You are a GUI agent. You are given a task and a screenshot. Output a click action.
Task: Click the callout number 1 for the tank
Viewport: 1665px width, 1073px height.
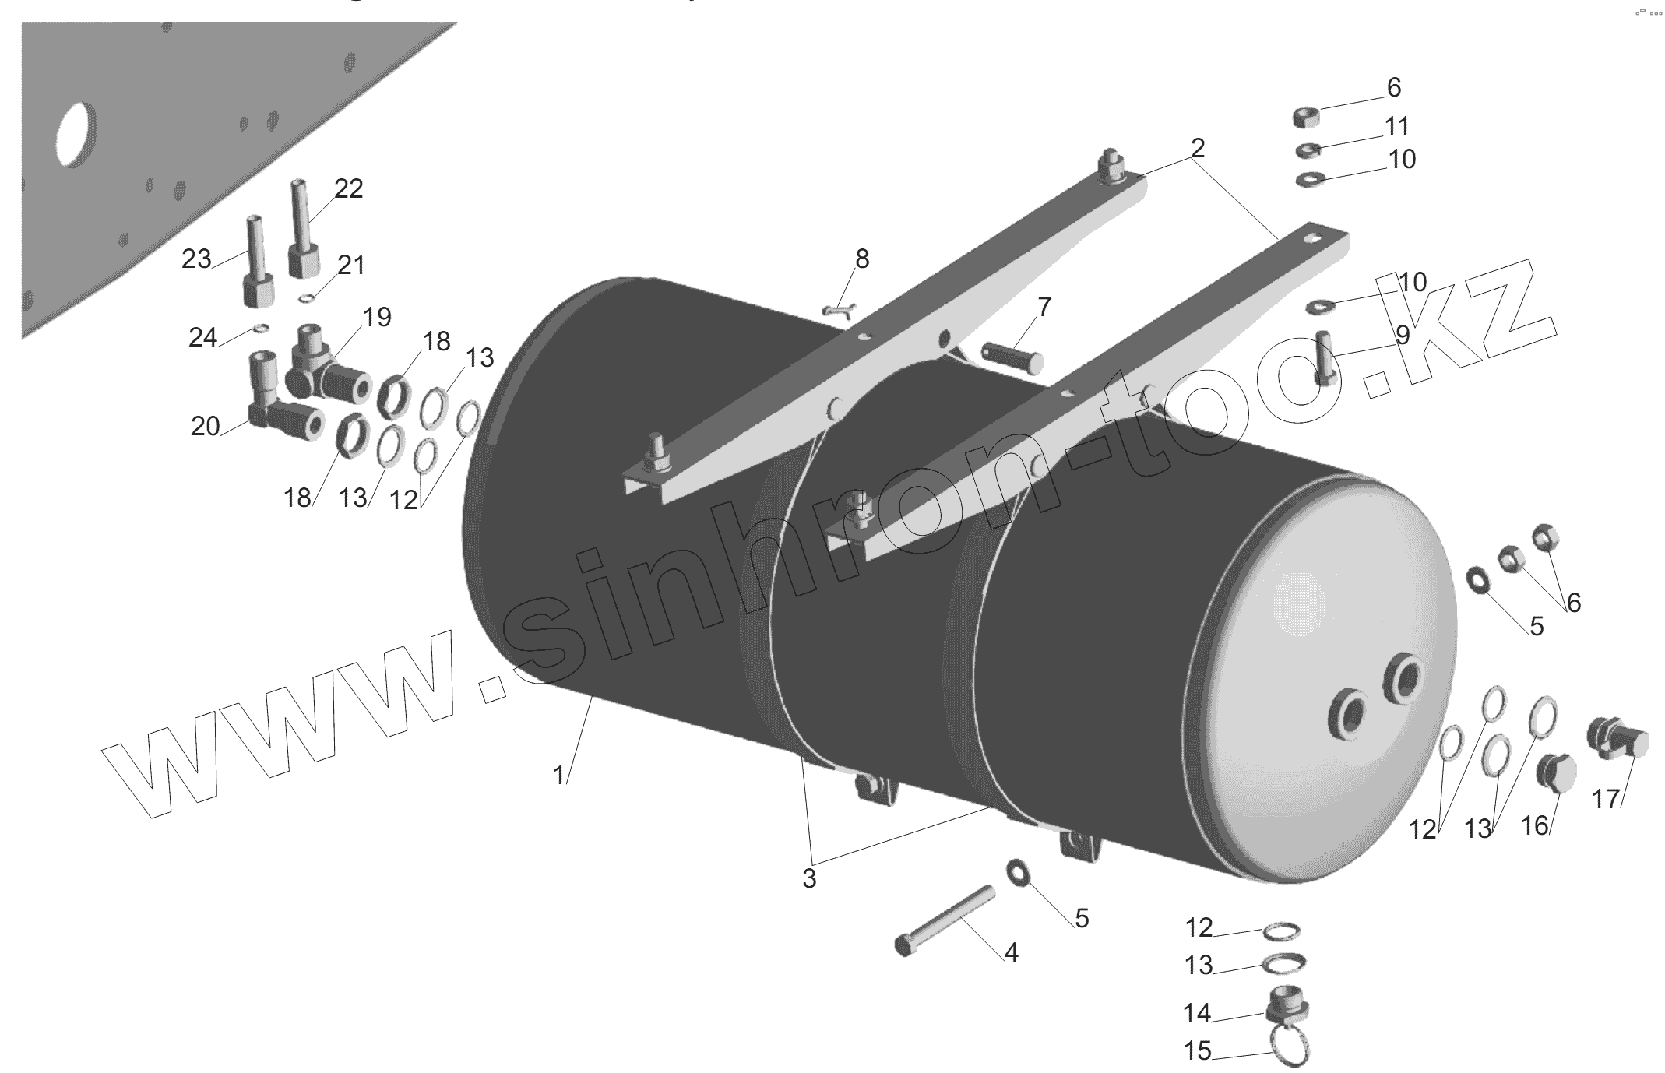click(558, 776)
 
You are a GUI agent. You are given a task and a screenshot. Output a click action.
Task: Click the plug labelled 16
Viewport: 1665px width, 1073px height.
click(1556, 773)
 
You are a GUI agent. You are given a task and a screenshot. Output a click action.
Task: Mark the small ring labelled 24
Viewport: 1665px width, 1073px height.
click(262, 328)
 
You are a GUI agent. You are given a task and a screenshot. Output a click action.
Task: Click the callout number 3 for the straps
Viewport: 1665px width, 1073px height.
click(809, 878)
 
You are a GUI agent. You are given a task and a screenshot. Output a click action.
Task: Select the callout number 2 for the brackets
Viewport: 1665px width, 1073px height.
click(1198, 148)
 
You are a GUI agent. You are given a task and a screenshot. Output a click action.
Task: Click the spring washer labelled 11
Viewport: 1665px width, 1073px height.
click(1308, 150)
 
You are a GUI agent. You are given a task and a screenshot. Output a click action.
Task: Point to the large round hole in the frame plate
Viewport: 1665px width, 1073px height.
click(77, 132)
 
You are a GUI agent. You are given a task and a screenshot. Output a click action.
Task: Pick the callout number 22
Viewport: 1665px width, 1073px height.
click(349, 188)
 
